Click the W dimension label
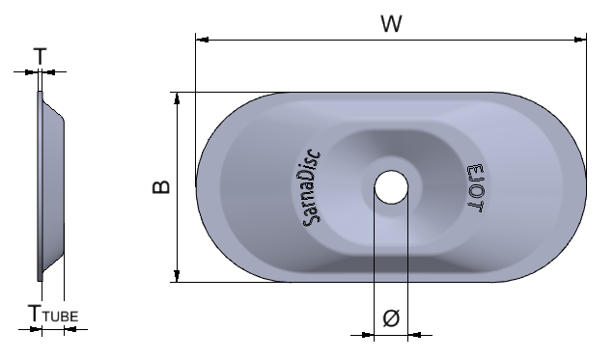[390, 24]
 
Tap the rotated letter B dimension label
[162, 187]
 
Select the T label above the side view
[40, 56]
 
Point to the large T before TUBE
[35, 312]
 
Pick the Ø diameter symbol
[390, 318]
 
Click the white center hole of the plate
[390, 186]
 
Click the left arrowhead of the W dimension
[202, 40]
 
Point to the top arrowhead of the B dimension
[177, 98]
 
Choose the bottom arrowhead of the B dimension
[177, 276]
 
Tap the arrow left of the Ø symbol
[368, 336]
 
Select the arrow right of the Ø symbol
[412, 336]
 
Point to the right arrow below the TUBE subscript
[69, 330]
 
